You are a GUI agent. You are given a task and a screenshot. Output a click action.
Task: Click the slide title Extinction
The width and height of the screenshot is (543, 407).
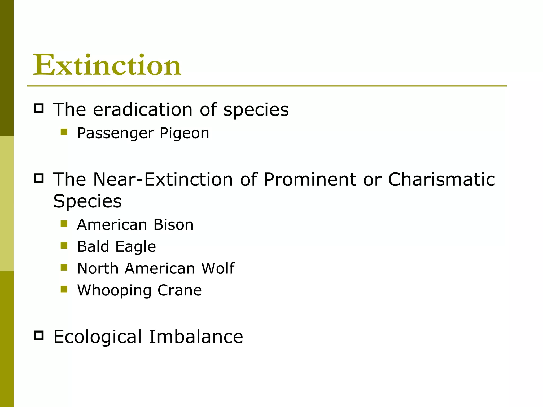click(x=107, y=65)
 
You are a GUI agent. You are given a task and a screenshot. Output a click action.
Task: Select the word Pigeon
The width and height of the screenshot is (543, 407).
click(x=184, y=133)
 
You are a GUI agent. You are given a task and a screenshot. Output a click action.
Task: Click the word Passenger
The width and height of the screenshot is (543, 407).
click(x=115, y=133)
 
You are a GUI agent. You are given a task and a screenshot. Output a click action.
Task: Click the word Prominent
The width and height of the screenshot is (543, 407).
click(x=310, y=179)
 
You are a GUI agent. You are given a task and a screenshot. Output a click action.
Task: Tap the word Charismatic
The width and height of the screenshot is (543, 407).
click(x=441, y=179)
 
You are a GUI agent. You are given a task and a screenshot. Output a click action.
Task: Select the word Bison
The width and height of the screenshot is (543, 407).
click(x=173, y=225)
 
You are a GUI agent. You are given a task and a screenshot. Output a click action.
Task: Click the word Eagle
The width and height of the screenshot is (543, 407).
click(x=135, y=247)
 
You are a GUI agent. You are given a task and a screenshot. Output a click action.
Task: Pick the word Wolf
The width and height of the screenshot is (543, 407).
click(x=218, y=268)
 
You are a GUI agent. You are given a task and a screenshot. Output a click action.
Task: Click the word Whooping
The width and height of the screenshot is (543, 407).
click(x=114, y=290)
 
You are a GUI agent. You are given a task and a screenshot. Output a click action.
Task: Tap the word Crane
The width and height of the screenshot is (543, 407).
click(x=179, y=290)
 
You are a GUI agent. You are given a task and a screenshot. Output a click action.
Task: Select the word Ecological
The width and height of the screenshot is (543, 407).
click(x=98, y=337)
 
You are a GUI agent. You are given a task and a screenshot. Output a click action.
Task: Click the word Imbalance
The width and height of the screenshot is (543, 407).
click(x=196, y=337)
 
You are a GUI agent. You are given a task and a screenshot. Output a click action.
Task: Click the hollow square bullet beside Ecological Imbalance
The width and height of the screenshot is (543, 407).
click(x=39, y=335)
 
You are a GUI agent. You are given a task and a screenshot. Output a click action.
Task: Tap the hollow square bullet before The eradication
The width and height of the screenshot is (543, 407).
click(x=39, y=108)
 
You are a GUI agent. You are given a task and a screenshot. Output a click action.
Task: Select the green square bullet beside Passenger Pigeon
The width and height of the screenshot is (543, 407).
click(x=64, y=132)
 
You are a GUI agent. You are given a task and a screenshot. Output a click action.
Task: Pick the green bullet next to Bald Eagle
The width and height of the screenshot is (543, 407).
click(x=64, y=245)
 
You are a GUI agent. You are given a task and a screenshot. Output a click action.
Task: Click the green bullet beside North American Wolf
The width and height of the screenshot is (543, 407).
click(x=64, y=267)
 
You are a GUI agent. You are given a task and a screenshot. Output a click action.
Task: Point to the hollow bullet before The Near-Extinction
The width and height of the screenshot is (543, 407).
click(x=39, y=178)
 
